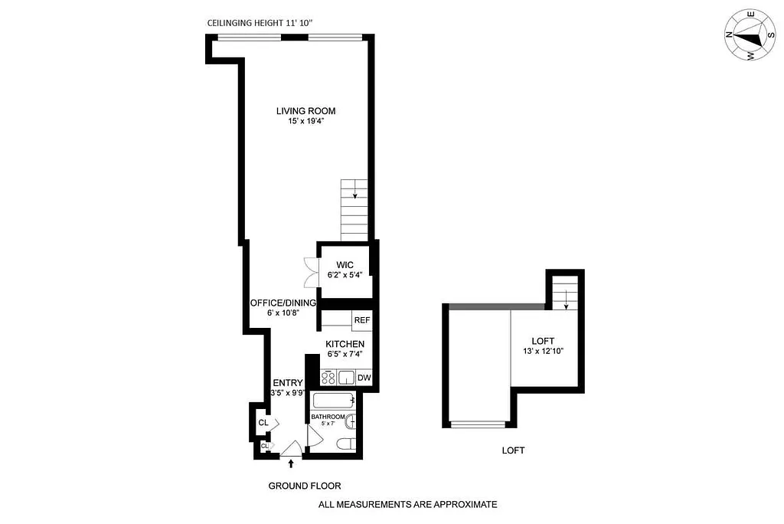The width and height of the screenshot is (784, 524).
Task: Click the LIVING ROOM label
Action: (305, 111)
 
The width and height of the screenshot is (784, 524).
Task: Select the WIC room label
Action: (344, 264)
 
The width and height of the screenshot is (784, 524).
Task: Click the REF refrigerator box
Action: (361, 320)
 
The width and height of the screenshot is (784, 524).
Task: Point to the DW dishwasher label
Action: (364, 378)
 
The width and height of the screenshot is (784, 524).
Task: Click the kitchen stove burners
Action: (328, 378)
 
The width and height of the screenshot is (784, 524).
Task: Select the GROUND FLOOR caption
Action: (304, 486)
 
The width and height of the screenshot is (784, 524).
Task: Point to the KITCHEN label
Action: (345, 344)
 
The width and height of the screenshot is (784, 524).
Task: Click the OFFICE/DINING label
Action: (283, 303)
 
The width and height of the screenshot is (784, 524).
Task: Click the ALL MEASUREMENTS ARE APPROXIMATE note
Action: (407, 504)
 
